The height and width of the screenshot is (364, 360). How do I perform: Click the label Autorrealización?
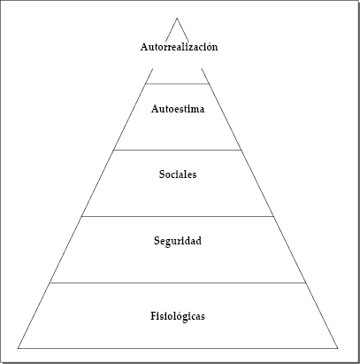[x=179, y=47]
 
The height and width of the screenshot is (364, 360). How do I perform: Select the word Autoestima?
[x=178, y=109]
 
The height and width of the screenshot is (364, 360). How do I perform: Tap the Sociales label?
[x=178, y=174]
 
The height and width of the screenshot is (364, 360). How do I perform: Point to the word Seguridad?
[x=178, y=241]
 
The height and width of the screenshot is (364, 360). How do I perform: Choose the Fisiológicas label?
[x=178, y=316]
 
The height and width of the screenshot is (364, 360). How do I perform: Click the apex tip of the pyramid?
[x=177, y=18]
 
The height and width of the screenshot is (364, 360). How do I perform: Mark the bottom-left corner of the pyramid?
[x=19, y=348]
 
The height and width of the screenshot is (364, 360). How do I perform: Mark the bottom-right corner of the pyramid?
[x=338, y=348]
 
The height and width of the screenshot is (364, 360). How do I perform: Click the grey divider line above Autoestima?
[x=177, y=84]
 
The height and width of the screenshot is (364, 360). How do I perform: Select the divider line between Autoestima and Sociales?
[x=177, y=150]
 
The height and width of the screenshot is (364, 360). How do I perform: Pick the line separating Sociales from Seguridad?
[x=178, y=216]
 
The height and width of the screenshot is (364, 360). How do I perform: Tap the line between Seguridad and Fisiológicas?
[x=178, y=283]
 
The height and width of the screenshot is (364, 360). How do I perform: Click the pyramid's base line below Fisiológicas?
[x=178, y=348]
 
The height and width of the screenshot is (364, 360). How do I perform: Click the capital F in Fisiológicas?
[x=154, y=316]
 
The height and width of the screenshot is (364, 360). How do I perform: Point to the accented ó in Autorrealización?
[x=209, y=46]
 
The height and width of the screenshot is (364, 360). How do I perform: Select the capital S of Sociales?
[x=162, y=174]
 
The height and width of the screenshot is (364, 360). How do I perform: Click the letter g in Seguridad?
[x=170, y=242]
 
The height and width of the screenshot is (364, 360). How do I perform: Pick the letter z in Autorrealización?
[x=193, y=48]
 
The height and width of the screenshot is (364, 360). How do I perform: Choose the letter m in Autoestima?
[x=193, y=110]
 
